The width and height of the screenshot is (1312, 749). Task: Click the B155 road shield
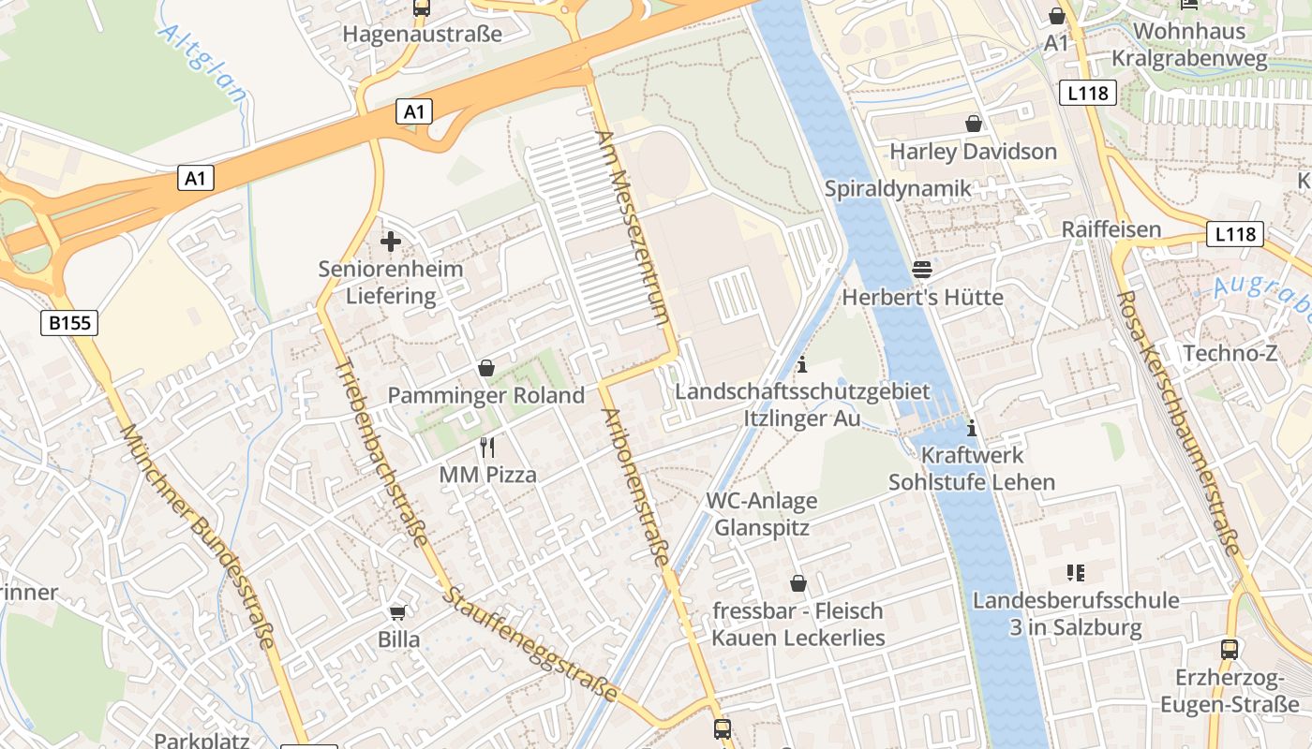pyautogui.click(x=70, y=323)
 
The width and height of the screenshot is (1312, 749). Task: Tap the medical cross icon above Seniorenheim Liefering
pyautogui.click(x=391, y=242)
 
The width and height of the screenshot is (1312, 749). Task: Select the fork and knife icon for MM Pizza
pyautogui.click(x=487, y=447)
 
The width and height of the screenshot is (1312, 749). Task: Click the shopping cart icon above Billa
pyautogui.click(x=398, y=612)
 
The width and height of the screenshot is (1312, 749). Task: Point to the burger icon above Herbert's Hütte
pyautogui.click(x=922, y=270)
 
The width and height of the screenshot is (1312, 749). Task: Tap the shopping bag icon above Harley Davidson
pyautogui.click(x=974, y=124)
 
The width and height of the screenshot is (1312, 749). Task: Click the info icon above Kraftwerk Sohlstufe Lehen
pyautogui.click(x=972, y=428)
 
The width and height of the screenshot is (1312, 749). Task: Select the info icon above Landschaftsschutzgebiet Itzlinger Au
pyautogui.click(x=802, y=364)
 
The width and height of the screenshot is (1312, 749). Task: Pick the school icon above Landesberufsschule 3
pyautogui.click(x=1075, y=572)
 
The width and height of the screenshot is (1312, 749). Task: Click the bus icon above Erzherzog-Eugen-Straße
pyautogui.click(x=1229, y=649)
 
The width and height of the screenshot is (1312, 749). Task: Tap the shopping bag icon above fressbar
pyautogui.click(x=798, y=583)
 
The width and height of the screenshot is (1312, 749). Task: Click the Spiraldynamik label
pyautogui.click(x=898, y=188)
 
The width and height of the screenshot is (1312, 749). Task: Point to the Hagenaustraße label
pyautogui.click(x=422, y=35)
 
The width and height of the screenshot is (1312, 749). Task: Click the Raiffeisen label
pyautogui.click(x=1111, y=229)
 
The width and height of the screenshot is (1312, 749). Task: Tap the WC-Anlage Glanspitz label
pyautogui.click(x=761, y=514)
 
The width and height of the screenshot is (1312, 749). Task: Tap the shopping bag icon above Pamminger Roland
pyautogui.click(x=485, y=368)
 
